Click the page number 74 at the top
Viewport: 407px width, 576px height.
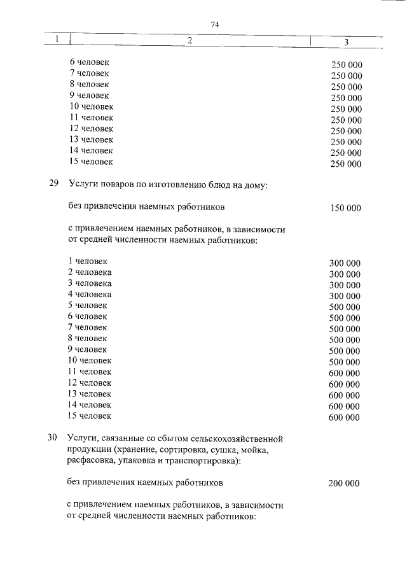coord(214,24)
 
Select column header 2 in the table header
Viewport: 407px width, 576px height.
coord(190,41)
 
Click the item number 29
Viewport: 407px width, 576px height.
coord(54,185)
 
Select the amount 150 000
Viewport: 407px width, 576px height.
coord(345,208)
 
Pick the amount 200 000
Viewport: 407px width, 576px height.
coord(344,484)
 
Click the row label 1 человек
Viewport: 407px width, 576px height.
coord(88,261)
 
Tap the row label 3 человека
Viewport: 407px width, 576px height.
coord(90,283)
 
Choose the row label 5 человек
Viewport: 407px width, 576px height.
coord(88,305)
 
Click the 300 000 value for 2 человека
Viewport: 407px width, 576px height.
coord(345,274)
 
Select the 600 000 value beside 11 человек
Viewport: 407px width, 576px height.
coord(344,373)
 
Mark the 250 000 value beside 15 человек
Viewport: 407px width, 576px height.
coord(346,164)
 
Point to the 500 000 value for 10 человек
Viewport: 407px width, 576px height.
coord(345,362)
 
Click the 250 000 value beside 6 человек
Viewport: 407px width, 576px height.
coord(346,65)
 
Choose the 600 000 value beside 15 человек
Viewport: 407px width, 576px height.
coord(344,418)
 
